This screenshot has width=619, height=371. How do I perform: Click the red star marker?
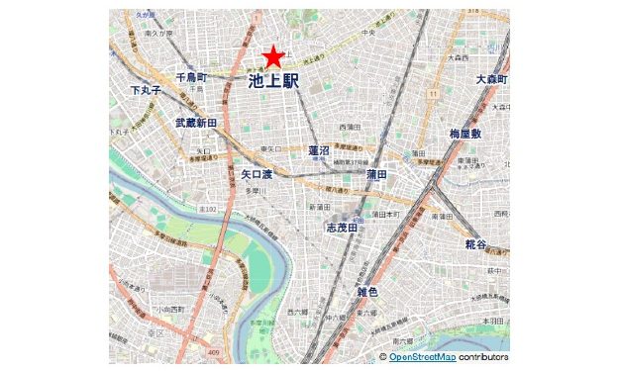pos(273,57)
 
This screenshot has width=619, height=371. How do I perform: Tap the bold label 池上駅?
pos(273,82)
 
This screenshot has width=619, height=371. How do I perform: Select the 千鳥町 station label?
pos(191,76)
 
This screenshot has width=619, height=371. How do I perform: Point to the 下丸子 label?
pos(146,90)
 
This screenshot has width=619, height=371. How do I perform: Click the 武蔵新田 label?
pos(196,123)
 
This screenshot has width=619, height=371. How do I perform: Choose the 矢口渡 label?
pos(257,173)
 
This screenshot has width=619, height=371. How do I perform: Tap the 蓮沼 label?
pos(319,150)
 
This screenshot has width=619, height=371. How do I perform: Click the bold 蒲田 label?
pos(376,173)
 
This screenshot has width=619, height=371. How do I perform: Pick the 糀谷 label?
pos(475,243)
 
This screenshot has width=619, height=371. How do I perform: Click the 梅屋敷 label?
pos(464,134)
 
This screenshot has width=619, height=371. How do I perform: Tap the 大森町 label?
pos(491,79)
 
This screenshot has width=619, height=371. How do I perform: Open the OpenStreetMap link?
pos(422,356)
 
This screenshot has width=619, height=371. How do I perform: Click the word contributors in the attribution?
pos(483,356)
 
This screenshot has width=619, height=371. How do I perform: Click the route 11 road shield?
pos(434,93)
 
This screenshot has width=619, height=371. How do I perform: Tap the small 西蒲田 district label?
pos(350,128)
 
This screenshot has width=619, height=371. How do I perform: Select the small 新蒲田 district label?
pos(319,207)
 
